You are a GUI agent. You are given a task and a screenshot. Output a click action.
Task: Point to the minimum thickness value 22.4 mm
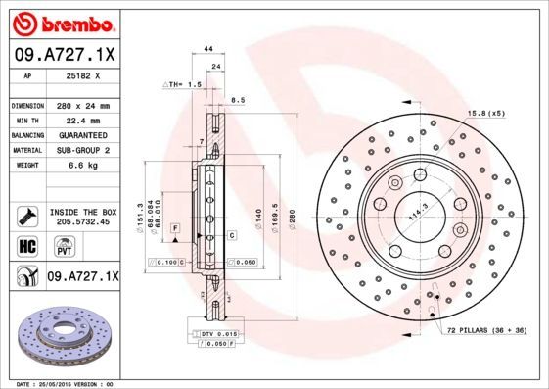pyautogui.click(x=81, y=120)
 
